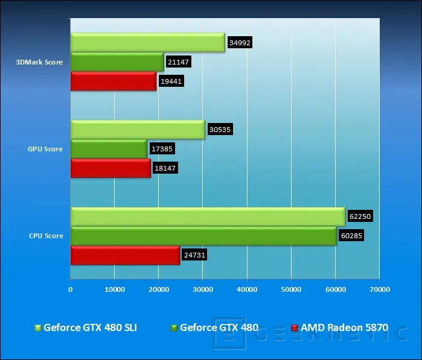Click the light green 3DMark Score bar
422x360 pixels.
(148, 42)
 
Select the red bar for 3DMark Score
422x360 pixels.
(113, 81)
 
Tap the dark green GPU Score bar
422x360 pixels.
(109, 149)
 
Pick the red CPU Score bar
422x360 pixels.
(125, 255)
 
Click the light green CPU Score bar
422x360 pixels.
(208, 216)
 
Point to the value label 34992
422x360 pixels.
(240, 42)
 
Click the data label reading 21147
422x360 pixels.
(179, 62)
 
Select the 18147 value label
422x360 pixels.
(165, 168)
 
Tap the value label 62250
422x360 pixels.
(360, 216)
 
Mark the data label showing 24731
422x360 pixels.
(194, 254)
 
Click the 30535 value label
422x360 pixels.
(220, 129)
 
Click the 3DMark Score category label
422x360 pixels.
(39, 62)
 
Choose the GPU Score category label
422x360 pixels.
(45, 149)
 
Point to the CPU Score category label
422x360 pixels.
(46, 236)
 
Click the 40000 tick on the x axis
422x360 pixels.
(247, 289)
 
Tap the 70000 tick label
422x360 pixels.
(380, 289)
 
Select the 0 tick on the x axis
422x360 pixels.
(71, 289)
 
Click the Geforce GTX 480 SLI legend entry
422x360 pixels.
(86, 327)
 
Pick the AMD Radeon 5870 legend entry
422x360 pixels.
(340, 327)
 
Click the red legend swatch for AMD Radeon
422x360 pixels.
(295, 327)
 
